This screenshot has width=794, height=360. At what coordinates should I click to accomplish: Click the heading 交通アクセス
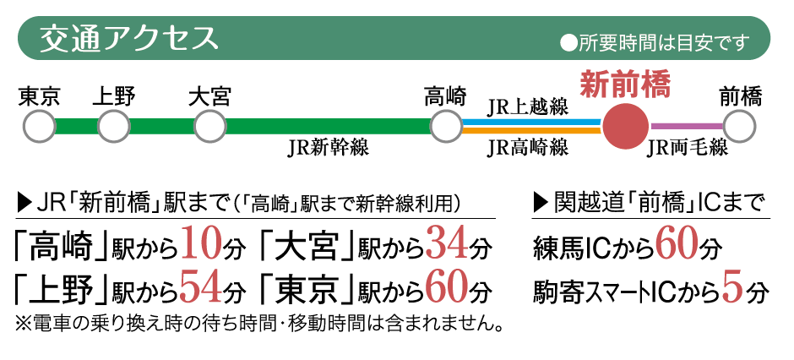128,39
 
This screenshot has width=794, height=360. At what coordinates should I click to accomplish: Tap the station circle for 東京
40,126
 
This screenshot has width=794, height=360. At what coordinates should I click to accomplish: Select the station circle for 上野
114,126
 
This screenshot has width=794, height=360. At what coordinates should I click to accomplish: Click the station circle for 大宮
209,126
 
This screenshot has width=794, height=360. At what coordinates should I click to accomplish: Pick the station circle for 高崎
446,126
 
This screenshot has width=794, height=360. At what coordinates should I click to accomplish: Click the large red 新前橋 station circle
625,126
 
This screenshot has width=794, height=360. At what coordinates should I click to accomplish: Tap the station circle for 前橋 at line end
740,126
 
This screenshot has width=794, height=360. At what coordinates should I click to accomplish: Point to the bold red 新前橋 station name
625,85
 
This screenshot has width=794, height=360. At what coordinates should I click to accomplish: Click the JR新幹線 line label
328,149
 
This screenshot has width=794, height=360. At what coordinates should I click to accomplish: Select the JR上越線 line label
528,107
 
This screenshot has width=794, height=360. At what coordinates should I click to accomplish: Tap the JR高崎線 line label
528,148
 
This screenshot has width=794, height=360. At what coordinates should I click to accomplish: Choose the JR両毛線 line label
688,148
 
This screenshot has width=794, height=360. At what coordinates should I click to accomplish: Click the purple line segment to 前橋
687,126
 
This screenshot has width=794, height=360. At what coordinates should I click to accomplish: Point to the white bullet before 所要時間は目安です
568,44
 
